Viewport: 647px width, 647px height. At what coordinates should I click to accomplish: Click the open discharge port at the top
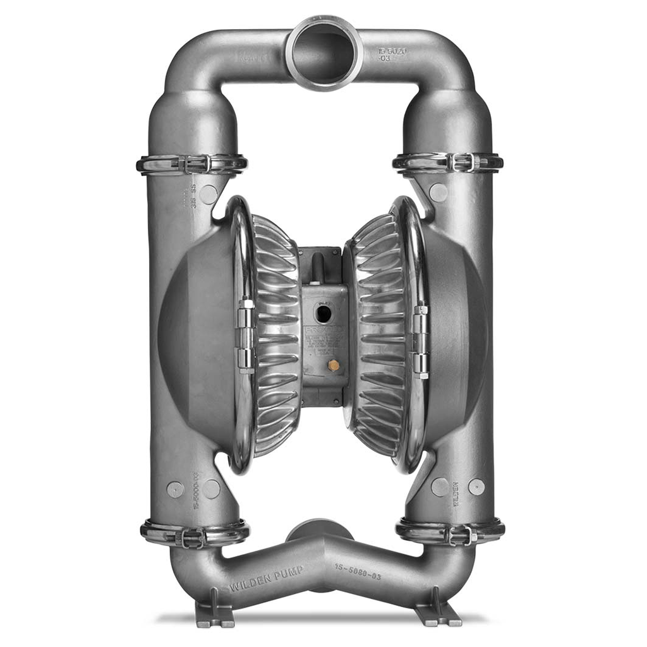tap(323, 53)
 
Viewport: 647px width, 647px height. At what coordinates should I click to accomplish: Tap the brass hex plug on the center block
tap(334, 365)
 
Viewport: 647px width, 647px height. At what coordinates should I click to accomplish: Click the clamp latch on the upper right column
tap(461, 162)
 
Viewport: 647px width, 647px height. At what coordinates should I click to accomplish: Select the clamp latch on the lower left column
tap(193, 536)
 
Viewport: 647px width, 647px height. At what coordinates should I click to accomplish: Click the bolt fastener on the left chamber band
tap(245, 335)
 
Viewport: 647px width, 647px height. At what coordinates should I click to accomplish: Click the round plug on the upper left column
tap(209, 193)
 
